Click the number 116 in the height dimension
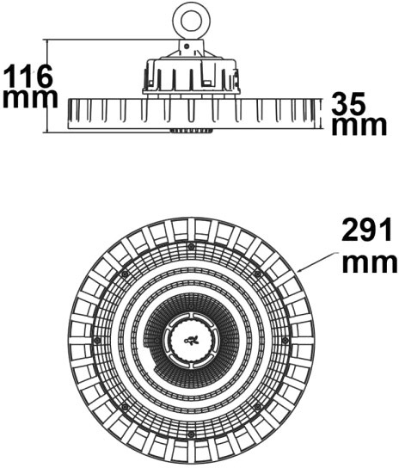(29, 76)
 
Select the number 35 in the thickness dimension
(348, 103)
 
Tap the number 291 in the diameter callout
(366, 230)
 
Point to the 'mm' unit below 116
(30, 98)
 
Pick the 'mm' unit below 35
(359, 126)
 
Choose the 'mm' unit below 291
(370, 263)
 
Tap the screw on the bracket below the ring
(187, 46)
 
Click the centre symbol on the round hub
(191, 340)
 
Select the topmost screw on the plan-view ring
(191, 247)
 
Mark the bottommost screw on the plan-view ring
(191, 434)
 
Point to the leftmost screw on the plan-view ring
(97, 340)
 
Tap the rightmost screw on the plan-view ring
(285, 340)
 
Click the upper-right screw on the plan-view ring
(257, 274)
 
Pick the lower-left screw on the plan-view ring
(125, 406)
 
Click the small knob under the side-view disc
(191, 131)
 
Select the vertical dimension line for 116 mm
(46, 86)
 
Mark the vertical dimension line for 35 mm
(321, 114)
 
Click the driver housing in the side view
(191, 76)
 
